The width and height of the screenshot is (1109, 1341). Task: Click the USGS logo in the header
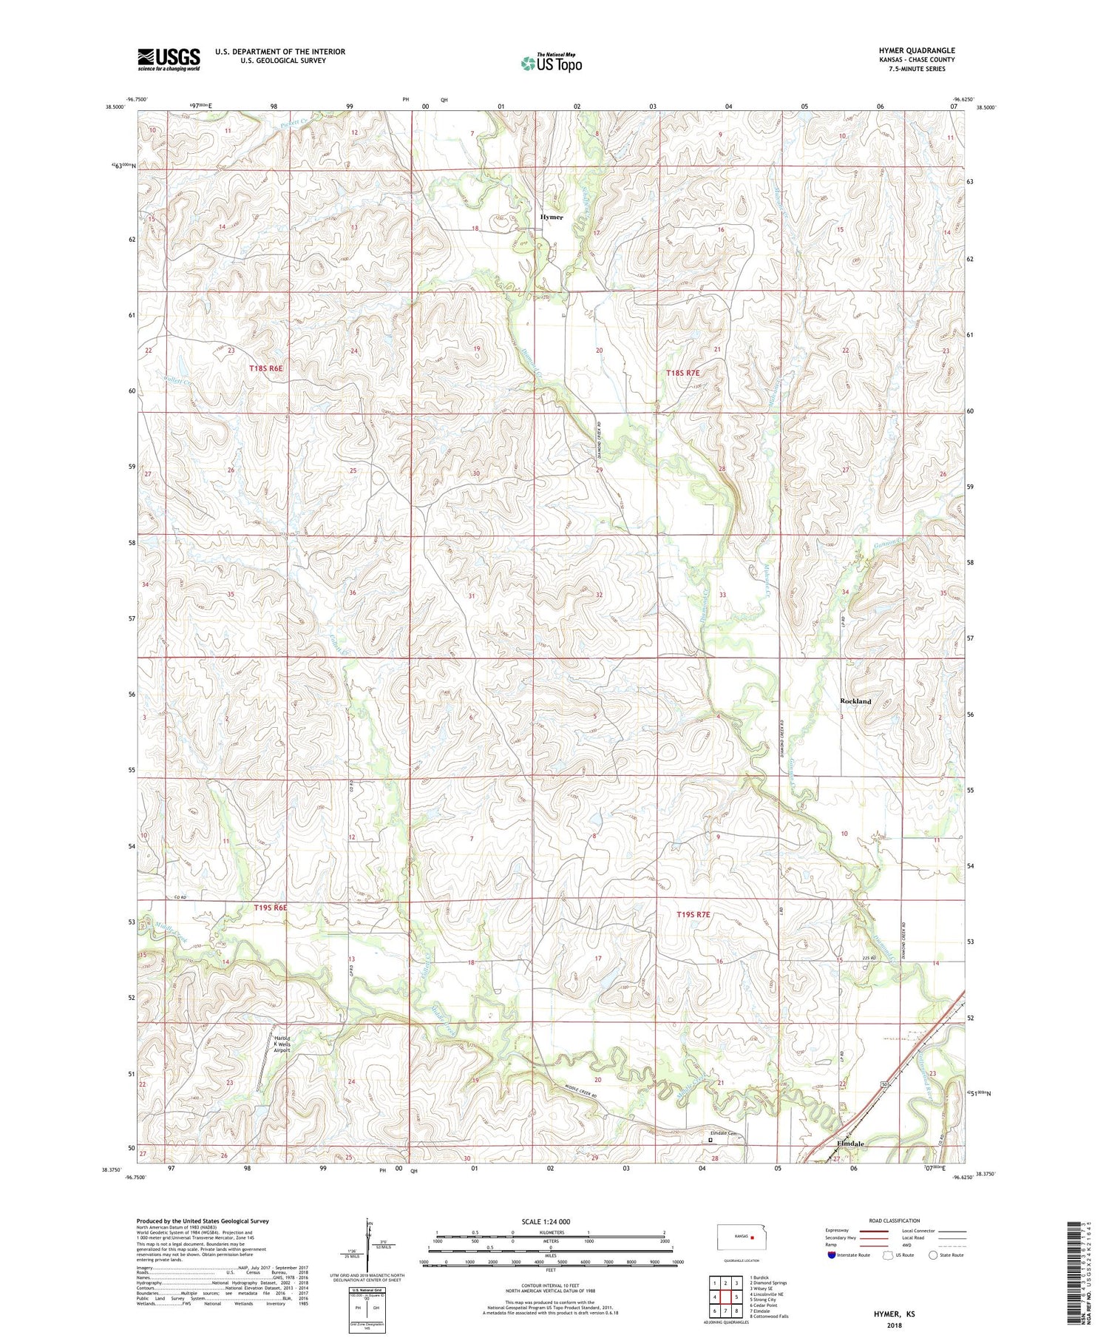[x=169, y=59]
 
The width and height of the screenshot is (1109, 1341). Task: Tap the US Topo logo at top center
[x=551, y=64]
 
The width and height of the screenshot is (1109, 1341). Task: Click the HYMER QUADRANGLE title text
[x=916, y=50]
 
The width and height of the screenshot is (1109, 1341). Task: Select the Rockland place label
[x=855, y=701]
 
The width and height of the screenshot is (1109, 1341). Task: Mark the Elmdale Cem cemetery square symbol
[x=711, y=1140]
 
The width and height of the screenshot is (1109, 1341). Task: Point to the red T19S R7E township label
[x=693, y=915]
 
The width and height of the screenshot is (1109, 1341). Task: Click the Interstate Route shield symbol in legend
[x=832, y=1255]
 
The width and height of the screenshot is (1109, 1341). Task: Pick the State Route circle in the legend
[x=933, y=1255]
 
